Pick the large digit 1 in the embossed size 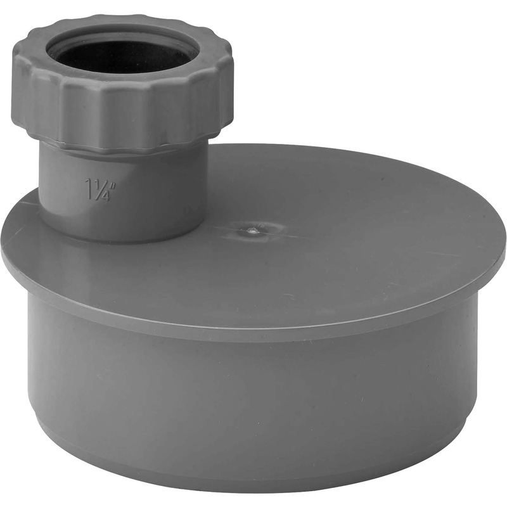pyautogui.click(x=91, y=187)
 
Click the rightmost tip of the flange pyautogui.click(x=504, y=250)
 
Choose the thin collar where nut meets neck pyautogui.click(x=127, y=147)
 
